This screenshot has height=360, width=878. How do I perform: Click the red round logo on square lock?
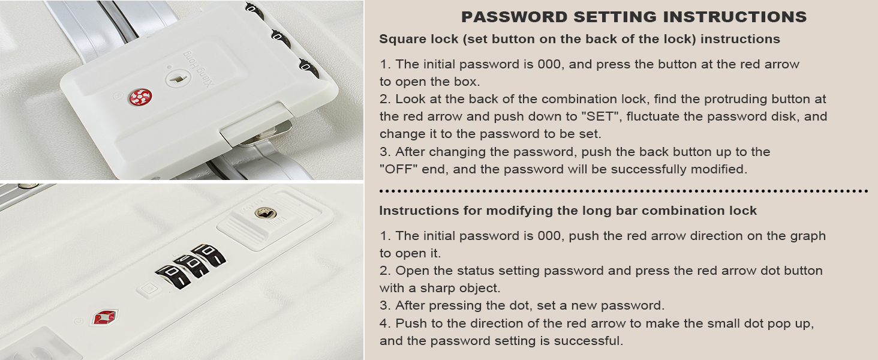coord(140,97)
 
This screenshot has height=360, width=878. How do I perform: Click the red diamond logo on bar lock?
coord(105,316)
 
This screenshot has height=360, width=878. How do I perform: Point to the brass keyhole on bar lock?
coord(265,214)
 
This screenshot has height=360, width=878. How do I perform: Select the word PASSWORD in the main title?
coord(514,17)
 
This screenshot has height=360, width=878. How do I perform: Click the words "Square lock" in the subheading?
coord(419,39)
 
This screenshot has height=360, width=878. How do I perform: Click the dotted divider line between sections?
coord(624,191)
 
